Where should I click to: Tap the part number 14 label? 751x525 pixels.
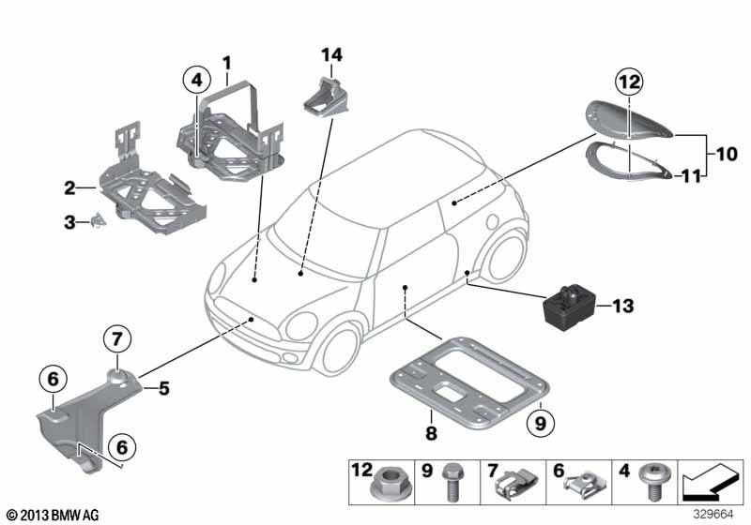pos(331,54)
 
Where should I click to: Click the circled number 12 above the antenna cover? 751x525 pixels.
pos(629,82)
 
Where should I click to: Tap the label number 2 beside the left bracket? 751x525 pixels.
pos(69,188)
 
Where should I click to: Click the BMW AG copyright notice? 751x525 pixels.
pos(52,515)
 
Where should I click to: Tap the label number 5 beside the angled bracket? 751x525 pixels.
pos(162,384)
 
